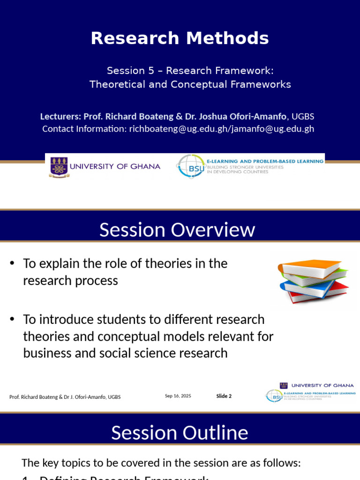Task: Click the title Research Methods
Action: [x=180, y=38]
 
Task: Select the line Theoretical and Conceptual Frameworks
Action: [x=190, y=84]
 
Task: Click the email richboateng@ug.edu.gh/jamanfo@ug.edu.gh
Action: [x=221, y=129]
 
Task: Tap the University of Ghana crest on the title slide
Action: [x=59, y=167]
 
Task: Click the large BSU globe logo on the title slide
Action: [x=190, y=166]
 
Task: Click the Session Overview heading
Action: [x=177, y=230]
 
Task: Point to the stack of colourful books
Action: [x=313, y=280]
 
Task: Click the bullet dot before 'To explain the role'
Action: [x=12, y=263]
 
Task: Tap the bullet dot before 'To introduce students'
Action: [x=12, y=320]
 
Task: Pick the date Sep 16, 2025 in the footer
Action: [x=178, y=396]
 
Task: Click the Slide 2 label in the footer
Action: [x=224, y=396]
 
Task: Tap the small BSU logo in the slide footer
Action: [x=274, y=396]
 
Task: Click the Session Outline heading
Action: [x=180, y=433]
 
